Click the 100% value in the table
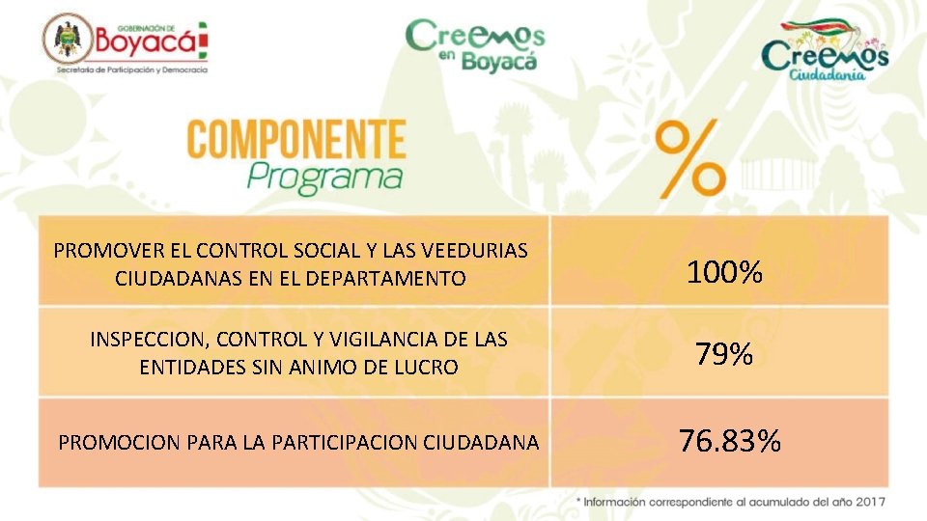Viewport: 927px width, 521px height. [x=724, y=273]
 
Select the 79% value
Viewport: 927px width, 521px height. [x=724, y=355]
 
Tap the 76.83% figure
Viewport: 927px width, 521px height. [x=729, y=442]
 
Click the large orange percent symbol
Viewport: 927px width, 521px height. [x=690, y=159]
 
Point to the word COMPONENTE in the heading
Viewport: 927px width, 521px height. [x=295, y=140]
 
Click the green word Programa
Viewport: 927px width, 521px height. [x=324, y=178]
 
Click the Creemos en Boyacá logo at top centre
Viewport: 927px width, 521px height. [x=475, y=44]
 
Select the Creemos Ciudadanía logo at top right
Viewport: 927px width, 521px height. [x=825, y=50]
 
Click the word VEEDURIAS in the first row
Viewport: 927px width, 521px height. [x=480, y=251]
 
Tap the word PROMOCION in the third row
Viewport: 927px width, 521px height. [x=106, y=443]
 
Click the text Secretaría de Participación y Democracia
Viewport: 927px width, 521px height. [x=131, y=70]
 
